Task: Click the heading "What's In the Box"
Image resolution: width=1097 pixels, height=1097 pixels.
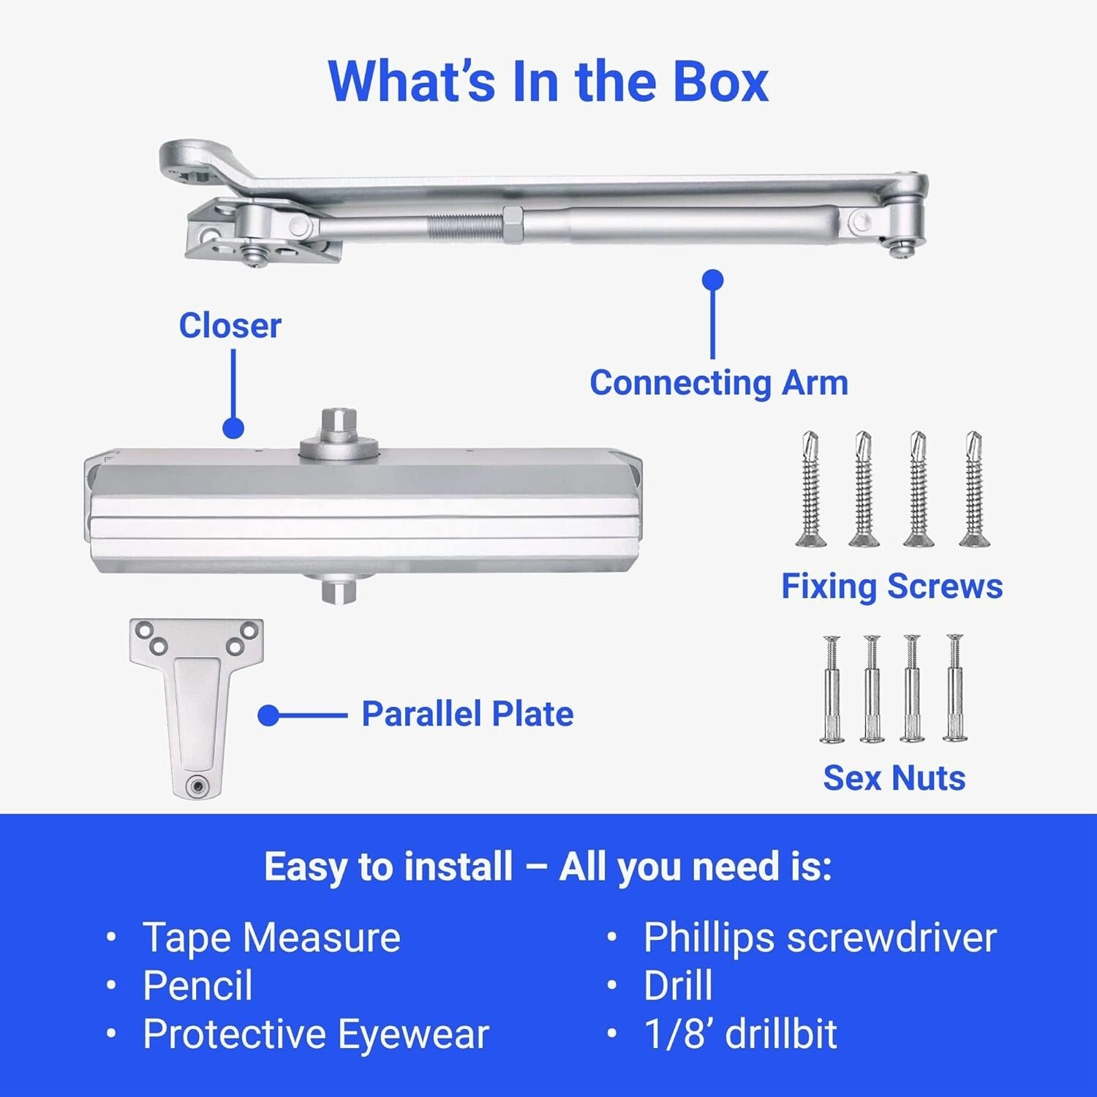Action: [548, 82]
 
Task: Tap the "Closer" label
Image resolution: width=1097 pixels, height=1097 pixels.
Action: [230, 325]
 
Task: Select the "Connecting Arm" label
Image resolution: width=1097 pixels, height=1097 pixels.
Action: [718, 382]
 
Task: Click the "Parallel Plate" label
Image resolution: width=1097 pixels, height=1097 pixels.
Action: [467, 714]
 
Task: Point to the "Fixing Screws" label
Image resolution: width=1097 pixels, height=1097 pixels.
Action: [891, 586]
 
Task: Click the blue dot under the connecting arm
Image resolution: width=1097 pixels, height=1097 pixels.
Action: [712, 280]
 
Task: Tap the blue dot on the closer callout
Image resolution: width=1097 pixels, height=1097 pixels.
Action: [233, 428]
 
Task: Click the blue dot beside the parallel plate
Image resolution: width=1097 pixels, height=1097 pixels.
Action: [268, 715]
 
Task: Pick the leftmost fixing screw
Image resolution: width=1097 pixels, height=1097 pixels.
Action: [809, 489]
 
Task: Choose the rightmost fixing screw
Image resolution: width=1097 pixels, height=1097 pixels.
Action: [972, 489]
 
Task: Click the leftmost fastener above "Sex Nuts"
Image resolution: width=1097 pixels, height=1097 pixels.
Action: [832, 689]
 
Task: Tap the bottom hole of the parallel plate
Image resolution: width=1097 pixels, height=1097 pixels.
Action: [196, 786]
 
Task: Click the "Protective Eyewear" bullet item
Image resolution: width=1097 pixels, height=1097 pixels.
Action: [315, 1034]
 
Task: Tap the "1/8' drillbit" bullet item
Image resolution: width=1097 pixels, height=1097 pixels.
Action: [739, 1034]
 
